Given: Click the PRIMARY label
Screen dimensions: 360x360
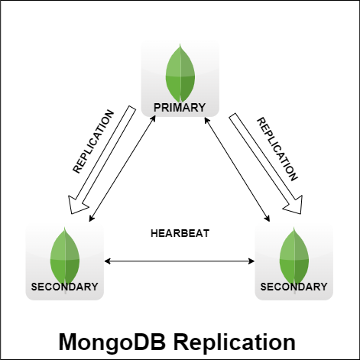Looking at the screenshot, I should point(180,108).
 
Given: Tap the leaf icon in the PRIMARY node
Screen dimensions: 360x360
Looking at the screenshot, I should point(180,73).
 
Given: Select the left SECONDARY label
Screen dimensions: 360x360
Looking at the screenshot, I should point(64,287).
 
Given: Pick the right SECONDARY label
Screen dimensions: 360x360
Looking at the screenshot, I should point(294,287).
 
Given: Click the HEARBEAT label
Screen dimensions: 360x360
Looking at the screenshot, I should point(180,233).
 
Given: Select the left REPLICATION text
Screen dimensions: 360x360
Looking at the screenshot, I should point(92,143).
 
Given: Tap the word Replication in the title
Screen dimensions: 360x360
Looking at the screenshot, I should point(240,342).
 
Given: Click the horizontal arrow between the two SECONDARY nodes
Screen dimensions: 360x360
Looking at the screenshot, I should point(180,261).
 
